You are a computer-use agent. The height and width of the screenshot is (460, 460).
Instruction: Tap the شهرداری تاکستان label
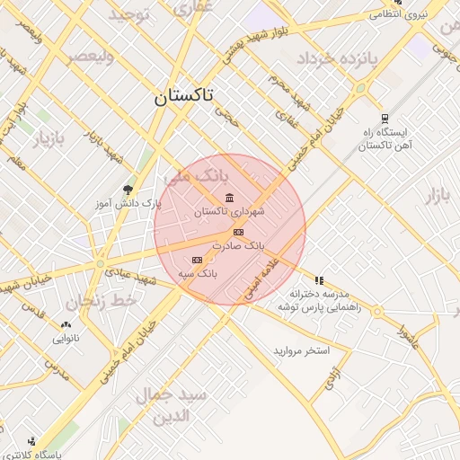pos(229,212)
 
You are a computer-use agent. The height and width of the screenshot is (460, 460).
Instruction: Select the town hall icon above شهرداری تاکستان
pos(230,198)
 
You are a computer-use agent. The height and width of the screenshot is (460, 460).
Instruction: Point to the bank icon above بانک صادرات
pos(237,232)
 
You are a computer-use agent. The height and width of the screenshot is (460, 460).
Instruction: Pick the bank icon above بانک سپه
pos(197,260)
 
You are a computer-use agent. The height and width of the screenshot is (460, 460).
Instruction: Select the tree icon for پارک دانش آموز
pos(128,190)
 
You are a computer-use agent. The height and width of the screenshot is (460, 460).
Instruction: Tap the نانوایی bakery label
pos(66,339)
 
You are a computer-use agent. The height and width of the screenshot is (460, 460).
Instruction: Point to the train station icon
pos(385,118)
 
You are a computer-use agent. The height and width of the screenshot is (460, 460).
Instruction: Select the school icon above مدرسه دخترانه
pos(319,280)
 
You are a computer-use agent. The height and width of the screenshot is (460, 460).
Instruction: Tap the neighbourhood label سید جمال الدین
pos(171,406)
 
